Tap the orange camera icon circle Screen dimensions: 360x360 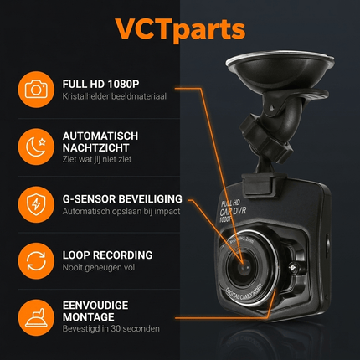pos(35,89)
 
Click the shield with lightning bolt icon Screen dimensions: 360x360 pos(35,203)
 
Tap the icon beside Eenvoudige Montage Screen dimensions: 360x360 pos(35,316)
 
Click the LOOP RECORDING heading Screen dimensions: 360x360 pos(107,255)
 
